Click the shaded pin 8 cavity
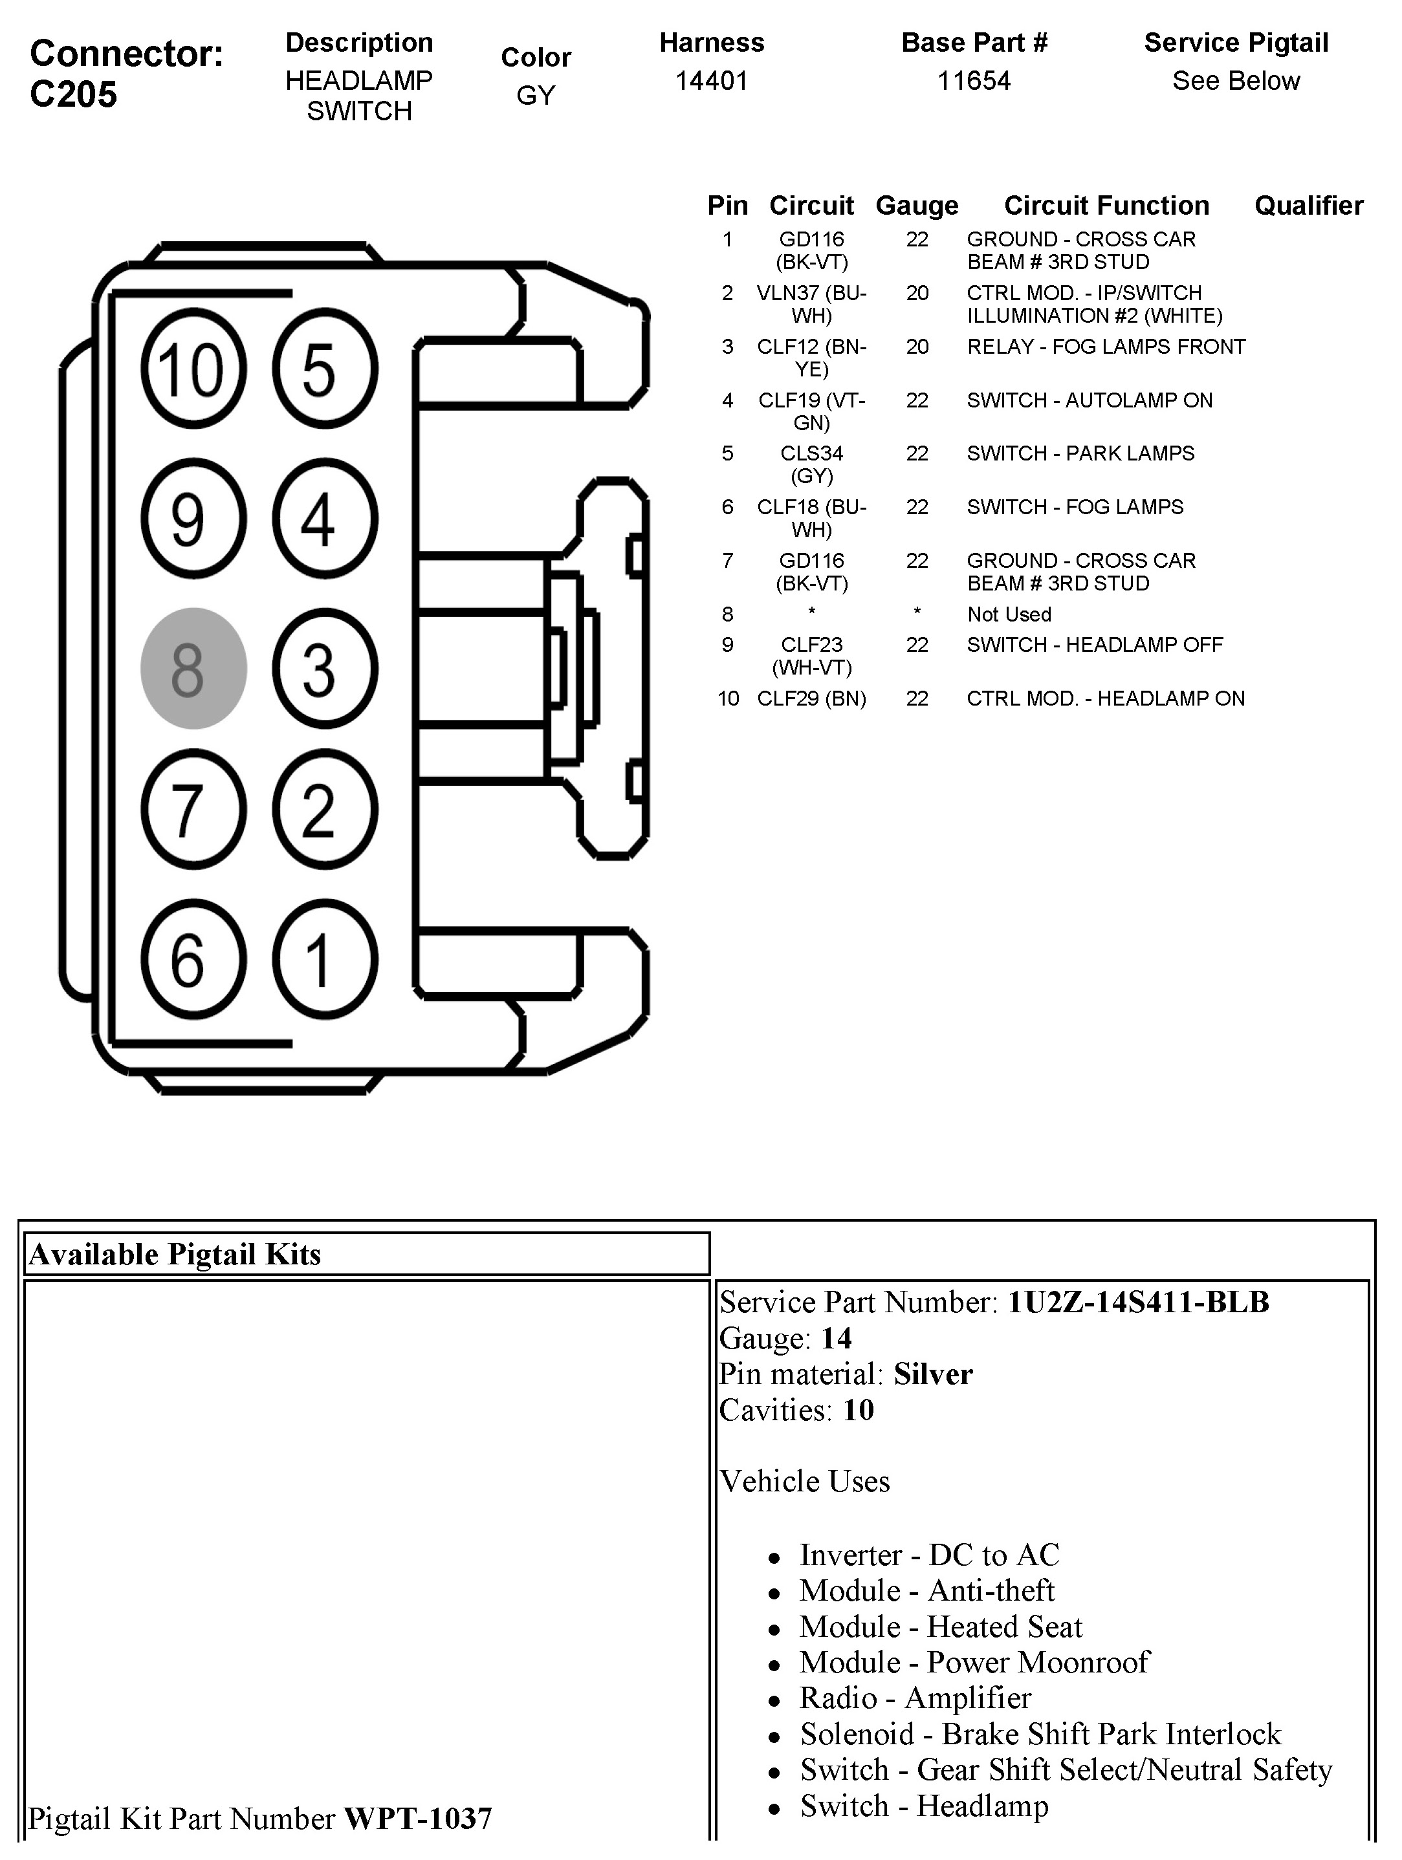pyautogui.click(x=193, y=669)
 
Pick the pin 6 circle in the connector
pyautogui.click(x=193, y=960)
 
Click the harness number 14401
pyautogui.click(x=712, y=81)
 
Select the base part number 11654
pyautogui.click(x=974, y=81)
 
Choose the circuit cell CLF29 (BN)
pyautogui.click(x=811, y=698)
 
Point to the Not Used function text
pyautogui.click(x=1009, y=614)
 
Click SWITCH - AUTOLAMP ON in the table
pyautogui.click(x=1089, y=400)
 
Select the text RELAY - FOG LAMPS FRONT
pyautogui.click(x=1106, y=347)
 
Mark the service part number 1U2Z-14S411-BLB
pyautogui.click(x=1138, y=1302)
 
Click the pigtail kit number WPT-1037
pyautogui.click(x=418, y=1818)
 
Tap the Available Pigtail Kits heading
pyautogui.click(x=175, y=1254)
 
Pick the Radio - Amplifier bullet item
pyautogui.click(x=915, y=1698)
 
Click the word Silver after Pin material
pyautogui.click(x=933, y=1374)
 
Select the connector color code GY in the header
pyautogui.click(x=536, y=95)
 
